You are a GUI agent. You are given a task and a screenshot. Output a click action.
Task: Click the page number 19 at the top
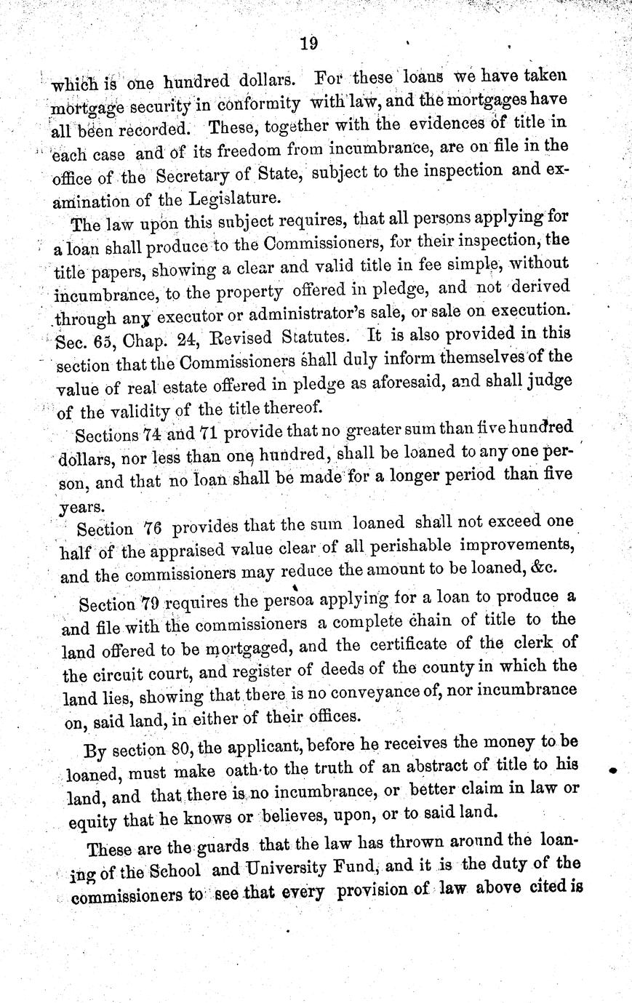(x=308, y=44)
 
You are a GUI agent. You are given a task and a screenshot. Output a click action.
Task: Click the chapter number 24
(x=187, y=337)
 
